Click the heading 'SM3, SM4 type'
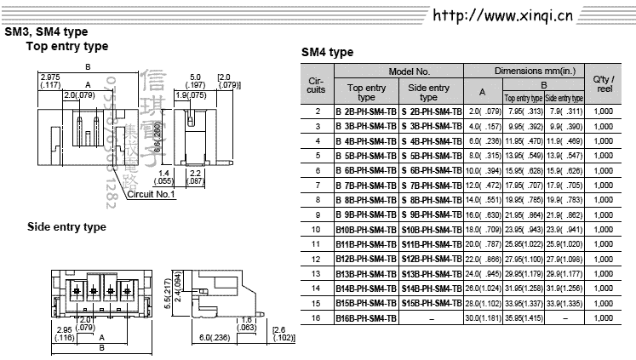coord(46,32)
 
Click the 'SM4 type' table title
coord(328,53)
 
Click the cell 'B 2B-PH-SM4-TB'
coord(366,111)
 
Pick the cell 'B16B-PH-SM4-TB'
coord(366,317)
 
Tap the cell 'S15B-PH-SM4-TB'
coord(432,303)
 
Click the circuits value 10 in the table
coord(318,229)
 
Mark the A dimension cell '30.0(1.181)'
coord(483,317)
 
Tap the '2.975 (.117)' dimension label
coord(49,82)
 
